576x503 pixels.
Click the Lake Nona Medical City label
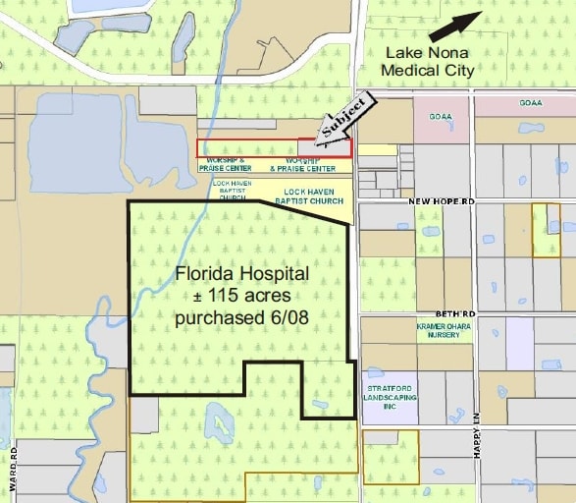(x=428, y=61)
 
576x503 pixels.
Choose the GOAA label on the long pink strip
(x=531, y=102)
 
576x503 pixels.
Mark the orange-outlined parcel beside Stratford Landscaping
(x=390, y=457)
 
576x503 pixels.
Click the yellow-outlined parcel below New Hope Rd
(x=546, y=230)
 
